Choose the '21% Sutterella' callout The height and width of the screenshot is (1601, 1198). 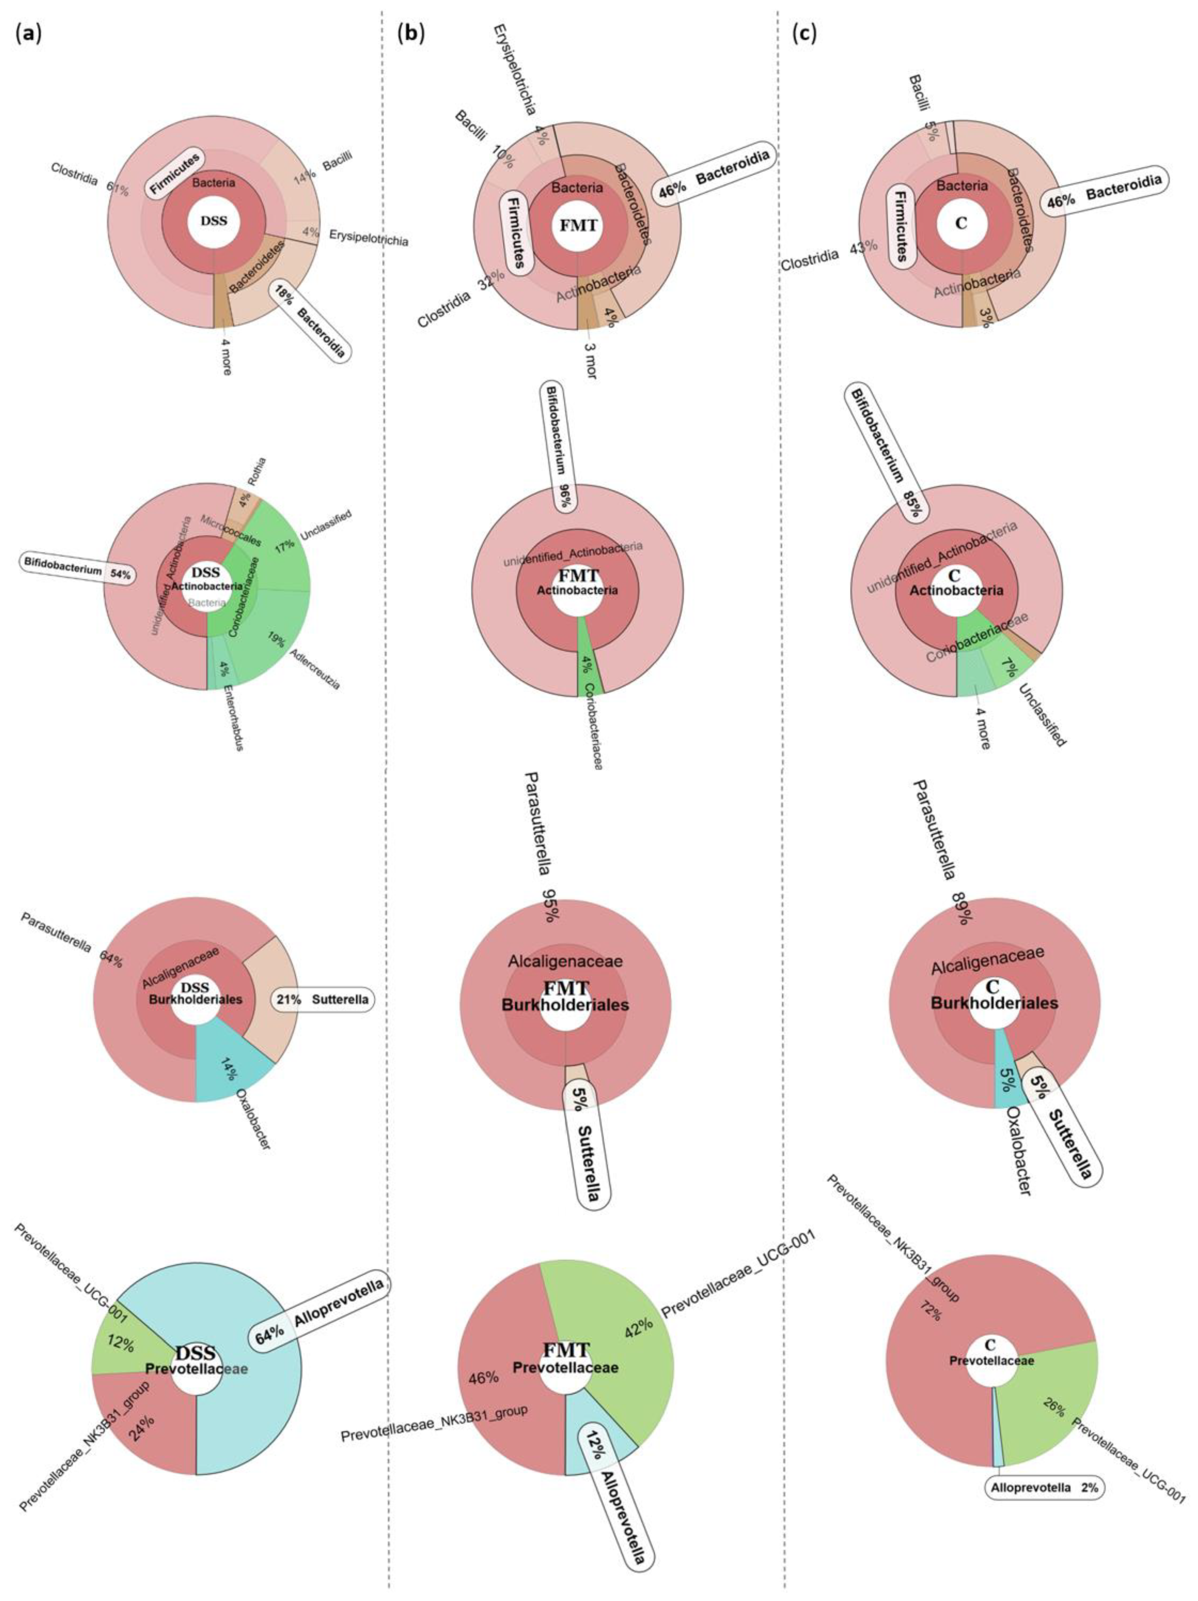point(322,1000)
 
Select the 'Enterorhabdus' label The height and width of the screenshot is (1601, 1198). point(233,716)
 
